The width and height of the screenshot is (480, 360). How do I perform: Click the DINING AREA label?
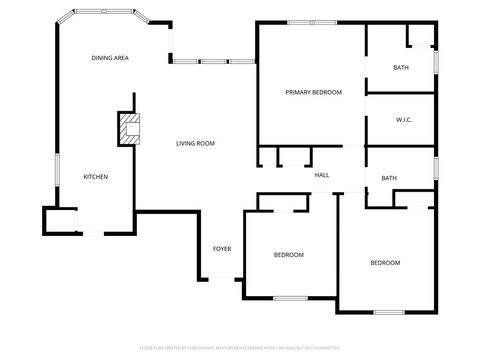[x=110, y=59]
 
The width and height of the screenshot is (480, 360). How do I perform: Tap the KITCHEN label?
[x=95, y=177]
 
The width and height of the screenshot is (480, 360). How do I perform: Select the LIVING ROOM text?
[x=196, y=143]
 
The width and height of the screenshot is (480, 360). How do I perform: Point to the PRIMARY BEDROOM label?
[x=313, y=92]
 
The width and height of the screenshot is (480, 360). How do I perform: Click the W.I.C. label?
[x=405, y=119]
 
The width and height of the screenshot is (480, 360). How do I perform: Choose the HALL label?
[x=322, y=175]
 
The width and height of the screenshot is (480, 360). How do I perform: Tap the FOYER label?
[x=222, y=248]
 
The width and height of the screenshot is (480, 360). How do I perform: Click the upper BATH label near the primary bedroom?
[x=401, y=68]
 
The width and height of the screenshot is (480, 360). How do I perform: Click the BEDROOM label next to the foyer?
[x=289, y=255]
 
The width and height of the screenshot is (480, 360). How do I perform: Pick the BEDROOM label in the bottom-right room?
[x=385, y=263]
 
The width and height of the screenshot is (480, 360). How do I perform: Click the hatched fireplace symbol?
[x=129, y=128]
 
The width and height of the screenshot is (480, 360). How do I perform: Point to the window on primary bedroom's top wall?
[x=312, y=22]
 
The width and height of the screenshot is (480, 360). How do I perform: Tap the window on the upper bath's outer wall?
[x=436, y=60]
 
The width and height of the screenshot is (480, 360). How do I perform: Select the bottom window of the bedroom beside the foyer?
[x=290, y=298]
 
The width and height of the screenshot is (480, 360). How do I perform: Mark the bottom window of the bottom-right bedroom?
[x=389, y=312]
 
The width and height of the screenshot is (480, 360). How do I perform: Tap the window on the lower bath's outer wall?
[x=436, y=167]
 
